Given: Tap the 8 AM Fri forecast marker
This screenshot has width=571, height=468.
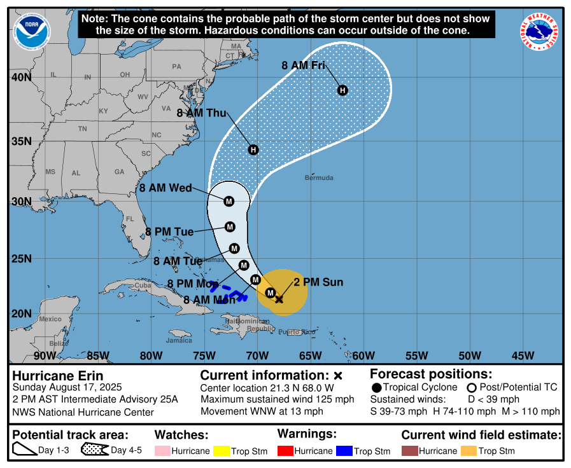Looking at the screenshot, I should [x=342, y=90].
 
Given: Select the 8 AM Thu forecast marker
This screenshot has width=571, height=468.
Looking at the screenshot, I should [x=253, y=150].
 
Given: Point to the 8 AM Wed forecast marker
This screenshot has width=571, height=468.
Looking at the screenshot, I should [x=229, y=201].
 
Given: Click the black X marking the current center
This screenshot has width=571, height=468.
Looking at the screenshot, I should [x=279, y=299].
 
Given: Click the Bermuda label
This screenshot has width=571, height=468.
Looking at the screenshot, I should [x=319, y=178].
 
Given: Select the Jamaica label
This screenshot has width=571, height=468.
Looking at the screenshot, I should [x=179, y=340].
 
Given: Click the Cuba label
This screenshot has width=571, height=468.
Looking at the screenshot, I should [x=143, y=285].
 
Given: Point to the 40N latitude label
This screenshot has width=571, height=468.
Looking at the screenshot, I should [x=21, y=78].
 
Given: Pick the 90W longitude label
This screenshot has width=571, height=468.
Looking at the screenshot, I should [x=45, y=355].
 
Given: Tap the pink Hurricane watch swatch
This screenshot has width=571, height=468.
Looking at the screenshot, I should [x=163, y=451].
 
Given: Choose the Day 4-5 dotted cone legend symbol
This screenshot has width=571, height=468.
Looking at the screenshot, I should [x=94, y=451].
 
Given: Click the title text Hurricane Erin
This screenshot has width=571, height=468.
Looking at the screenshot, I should [x=58, y=376].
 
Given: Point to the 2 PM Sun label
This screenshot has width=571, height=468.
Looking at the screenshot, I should [x=318, y=282].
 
